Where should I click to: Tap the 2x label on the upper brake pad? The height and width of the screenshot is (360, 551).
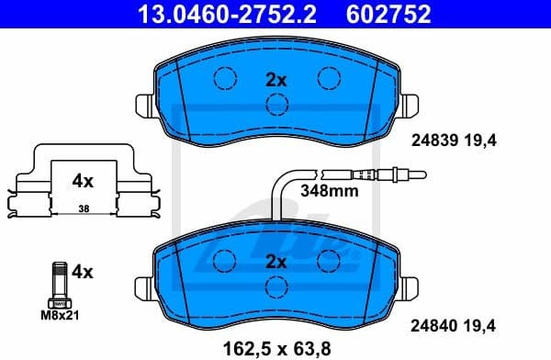(x=275, y=80)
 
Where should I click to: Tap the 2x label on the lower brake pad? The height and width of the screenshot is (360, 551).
(x=275, y=262)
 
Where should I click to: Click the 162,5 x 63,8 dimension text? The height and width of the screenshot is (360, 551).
(x=275, y=346)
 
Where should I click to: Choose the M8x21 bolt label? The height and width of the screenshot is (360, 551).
(x=60, y=314)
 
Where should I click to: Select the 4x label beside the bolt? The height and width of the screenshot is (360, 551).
(x=83, y=272)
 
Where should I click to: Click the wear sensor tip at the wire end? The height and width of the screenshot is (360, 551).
(x=409, y=172)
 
